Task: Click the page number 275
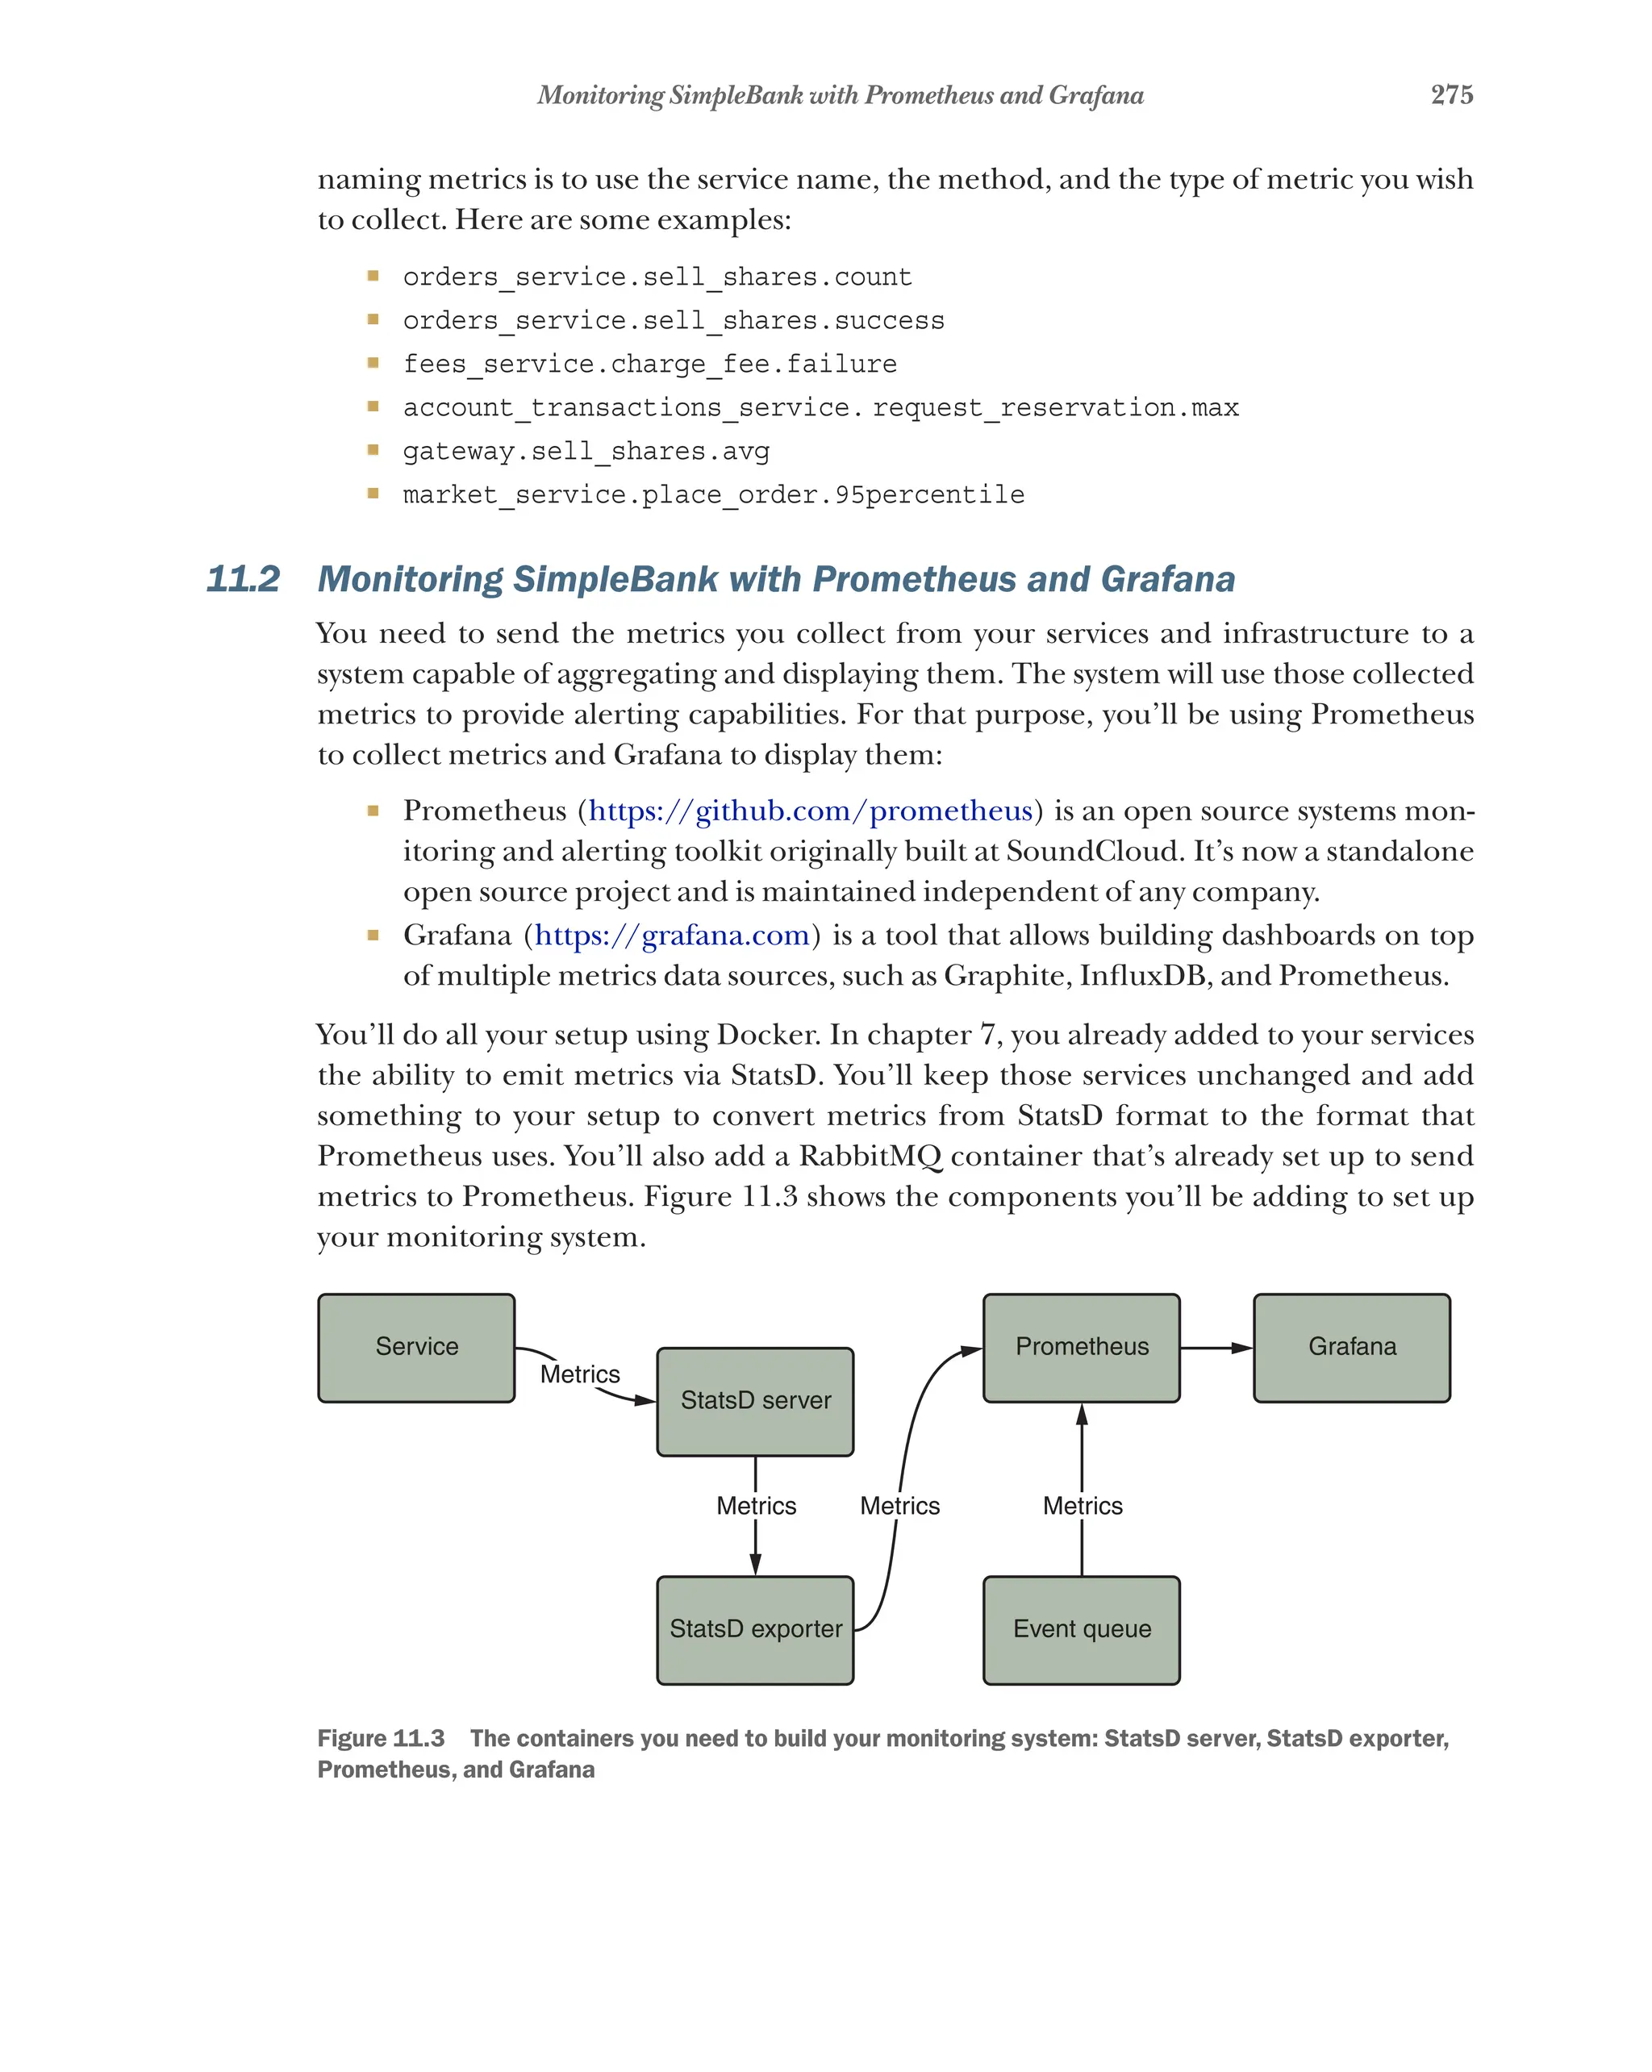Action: pos(1451,94)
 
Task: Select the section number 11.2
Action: pos(242,580)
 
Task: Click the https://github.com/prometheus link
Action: pos(810,811)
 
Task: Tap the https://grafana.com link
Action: pos(672,935)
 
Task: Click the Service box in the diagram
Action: pos(416,1348)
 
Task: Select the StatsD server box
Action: pos(754,1401)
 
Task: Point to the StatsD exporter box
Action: pos(754,1630)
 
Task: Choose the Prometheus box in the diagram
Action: pos(1081,1348)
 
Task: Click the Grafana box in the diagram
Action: pos(1351,1348)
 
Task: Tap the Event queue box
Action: pos(1081,1630)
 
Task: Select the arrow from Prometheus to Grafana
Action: pos(1216,1348)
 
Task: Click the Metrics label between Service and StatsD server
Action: pos(579,1374)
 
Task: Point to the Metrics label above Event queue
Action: pos(1083,1506)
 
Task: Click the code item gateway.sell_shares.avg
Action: pos(586,452)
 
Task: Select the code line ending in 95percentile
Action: pos(713,495)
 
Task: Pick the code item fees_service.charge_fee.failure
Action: pos(649,365)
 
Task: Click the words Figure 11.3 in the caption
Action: pos(381,1739)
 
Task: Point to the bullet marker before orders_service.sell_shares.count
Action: pos(373,277)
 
